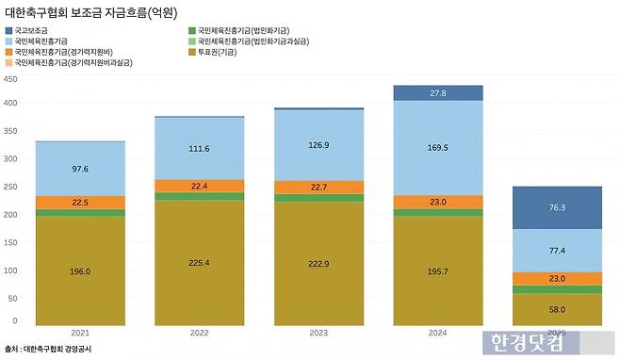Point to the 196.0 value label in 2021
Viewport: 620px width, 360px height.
tap(80, 272)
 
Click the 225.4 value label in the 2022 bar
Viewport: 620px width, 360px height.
tap(200, 263)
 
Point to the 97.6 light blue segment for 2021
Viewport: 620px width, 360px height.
tap(80, 169)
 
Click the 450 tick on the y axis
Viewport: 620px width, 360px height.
tap(11, 79)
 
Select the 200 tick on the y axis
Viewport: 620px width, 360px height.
tap(11, 214)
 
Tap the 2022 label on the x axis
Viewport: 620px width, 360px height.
tap(200, 332)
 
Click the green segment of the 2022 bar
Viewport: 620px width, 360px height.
tap(200, 196)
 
